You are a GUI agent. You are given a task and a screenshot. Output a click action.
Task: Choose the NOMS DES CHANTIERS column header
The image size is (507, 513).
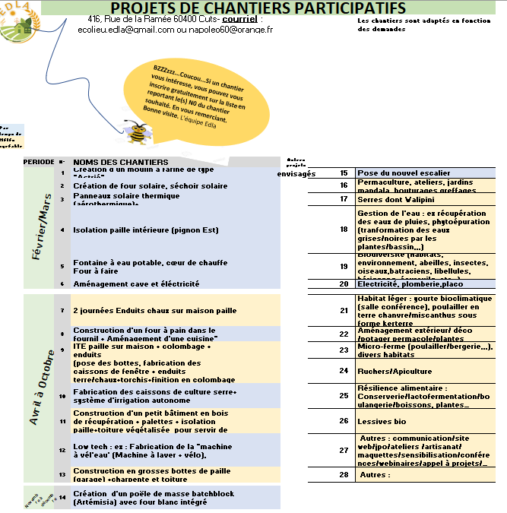120,162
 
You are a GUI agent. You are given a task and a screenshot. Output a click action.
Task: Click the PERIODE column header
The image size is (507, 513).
39,162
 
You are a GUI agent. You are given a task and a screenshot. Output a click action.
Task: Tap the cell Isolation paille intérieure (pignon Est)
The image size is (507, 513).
145,230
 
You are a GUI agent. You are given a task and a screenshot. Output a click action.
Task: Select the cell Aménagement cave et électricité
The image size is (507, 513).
136,283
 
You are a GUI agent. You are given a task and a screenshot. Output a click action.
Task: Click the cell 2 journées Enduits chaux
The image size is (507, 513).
154,310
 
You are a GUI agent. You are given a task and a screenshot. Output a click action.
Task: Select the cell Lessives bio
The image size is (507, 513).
382,420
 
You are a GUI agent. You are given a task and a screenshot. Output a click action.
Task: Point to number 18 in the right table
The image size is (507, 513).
344,229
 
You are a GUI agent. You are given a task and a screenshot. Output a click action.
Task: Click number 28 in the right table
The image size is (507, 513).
344,474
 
